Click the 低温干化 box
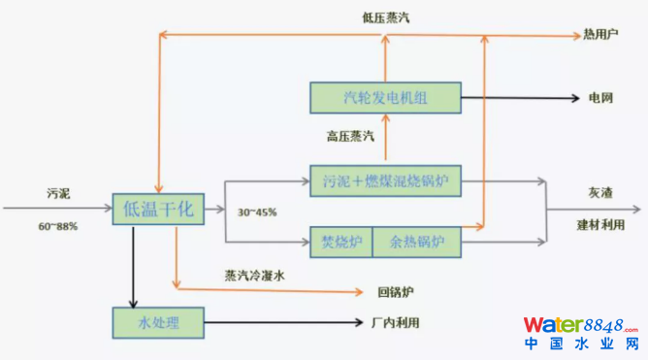tap(158, 208)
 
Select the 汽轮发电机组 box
tap(384, 98)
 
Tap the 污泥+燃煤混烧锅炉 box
tap(384, 180)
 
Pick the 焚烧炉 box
tap(340, 241)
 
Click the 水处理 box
tap(158, 319)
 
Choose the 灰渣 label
tap(599, 192)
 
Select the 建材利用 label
tap(599, 224)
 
